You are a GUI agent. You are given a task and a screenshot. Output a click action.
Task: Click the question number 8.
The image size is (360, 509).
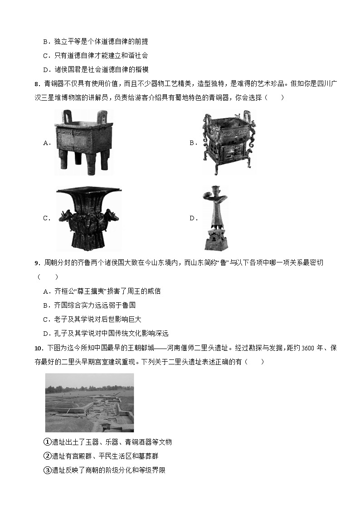click(x=37, y=84)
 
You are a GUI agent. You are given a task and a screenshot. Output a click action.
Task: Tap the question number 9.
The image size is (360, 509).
click(x=37, y=263)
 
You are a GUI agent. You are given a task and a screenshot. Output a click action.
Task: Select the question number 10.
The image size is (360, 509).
click(x=39, y=348)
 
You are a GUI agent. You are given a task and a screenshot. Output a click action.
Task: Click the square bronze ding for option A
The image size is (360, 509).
click(x=84, y=142)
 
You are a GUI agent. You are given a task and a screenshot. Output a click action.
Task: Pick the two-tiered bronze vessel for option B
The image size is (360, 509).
click(x=229, y=142)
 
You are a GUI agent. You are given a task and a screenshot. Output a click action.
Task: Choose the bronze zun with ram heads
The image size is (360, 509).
click(x=89, y=218)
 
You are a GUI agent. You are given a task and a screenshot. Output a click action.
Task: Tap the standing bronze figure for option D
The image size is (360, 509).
click(x=215, y=218)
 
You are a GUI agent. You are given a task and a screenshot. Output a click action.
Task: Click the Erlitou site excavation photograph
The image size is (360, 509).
click(x=89, y=402)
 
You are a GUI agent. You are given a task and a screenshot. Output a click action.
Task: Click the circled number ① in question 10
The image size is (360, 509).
click(x=48, y=442)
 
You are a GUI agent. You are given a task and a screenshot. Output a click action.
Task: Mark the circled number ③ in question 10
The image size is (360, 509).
click(x=48, y=470)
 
